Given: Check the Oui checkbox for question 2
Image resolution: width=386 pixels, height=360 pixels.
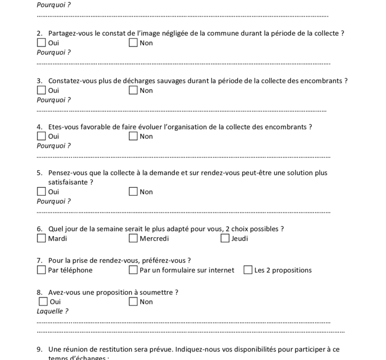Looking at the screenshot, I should [42, 43].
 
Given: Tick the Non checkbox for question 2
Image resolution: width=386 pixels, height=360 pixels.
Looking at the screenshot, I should [133, 43].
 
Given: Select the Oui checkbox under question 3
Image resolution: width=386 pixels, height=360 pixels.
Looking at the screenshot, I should [42, 90].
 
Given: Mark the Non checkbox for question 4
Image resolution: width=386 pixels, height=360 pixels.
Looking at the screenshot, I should [133, 136].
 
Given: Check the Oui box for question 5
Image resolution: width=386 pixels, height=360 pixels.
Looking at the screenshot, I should [42, 191].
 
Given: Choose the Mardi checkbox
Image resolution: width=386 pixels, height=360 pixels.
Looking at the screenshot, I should [42, 238].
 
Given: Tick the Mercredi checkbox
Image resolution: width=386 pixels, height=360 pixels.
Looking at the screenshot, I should [133, 238].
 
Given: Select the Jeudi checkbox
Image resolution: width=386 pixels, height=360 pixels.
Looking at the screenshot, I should [225, 238].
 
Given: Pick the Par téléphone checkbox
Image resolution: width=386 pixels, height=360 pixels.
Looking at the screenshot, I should [42, 270].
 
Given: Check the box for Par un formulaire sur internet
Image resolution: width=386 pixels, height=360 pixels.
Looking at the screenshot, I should [133, 270].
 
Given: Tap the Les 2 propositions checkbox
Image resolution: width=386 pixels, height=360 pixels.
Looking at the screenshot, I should [248, 270].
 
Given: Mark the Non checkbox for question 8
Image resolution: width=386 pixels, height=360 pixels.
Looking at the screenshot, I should [133, 302].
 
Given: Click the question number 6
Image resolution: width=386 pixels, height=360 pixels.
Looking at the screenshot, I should [39, 229].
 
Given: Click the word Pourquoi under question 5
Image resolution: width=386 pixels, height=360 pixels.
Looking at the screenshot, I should [52, 201].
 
